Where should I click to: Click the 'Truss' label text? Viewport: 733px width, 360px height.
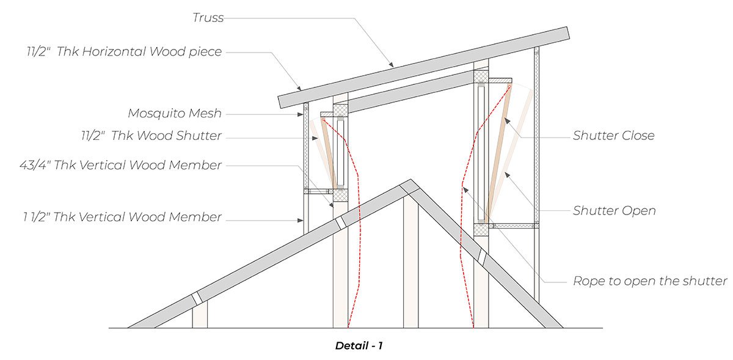(x=208, y=18)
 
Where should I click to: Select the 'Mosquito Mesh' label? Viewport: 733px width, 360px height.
(x=174, y=113)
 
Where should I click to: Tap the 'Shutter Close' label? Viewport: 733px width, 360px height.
(x=613, y=136)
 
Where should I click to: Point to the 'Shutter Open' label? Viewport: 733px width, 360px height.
(x=614, y=211)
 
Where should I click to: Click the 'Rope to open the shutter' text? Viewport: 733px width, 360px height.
(x=650, y=281)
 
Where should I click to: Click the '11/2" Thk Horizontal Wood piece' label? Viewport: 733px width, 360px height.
(x=123, y=52)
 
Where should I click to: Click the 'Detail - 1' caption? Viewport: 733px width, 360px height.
(x=359, y=346)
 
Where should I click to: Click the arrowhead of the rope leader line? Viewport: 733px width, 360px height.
(x=465, y=189)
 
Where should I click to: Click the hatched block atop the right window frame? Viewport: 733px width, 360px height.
(x=482, y=77)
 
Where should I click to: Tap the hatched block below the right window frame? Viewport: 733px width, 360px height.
(x=482, y=229)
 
